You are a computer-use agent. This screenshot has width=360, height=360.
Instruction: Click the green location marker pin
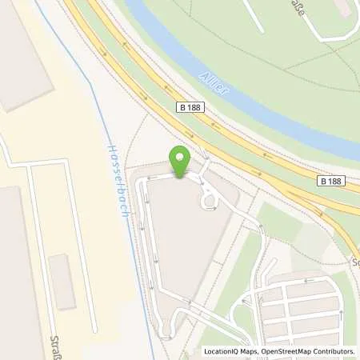(x=180, y=160)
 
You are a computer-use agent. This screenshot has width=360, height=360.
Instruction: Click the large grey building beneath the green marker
(x=178, y=240)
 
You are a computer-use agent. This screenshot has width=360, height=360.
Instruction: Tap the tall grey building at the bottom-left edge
(x=16, y=272)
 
